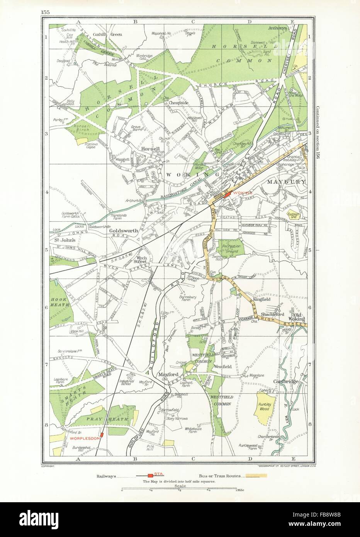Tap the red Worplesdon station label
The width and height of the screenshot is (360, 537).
coord(84,438)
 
